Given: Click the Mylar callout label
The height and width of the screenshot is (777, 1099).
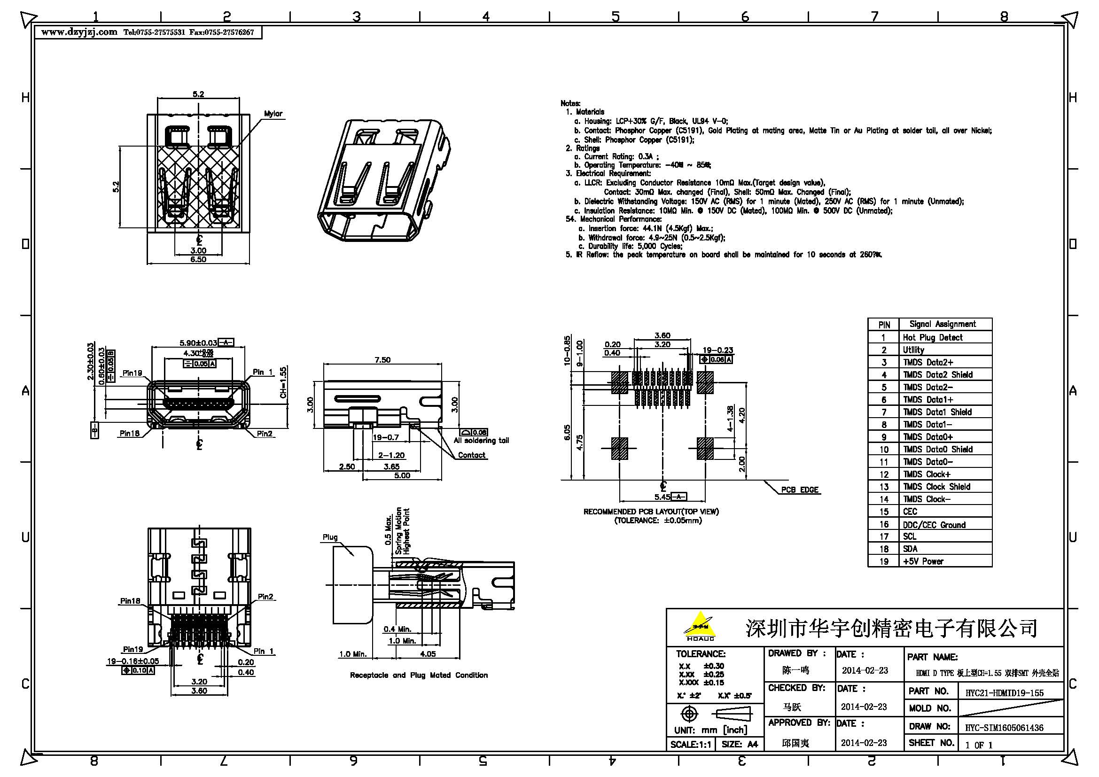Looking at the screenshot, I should [x=273, y=114].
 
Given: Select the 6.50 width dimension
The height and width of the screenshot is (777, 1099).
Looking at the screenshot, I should [x=198, y=259].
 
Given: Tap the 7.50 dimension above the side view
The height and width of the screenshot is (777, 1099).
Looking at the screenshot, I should [x=382, y=360].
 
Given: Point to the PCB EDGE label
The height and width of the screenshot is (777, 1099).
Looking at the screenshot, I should [x=800, y=490].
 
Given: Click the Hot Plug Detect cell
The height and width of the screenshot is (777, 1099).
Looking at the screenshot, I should [x=932, y=337].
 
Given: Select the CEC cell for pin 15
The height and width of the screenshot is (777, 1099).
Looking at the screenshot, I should [x=910, y=512].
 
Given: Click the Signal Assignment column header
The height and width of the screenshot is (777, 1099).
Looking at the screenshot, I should [x=943, y=324].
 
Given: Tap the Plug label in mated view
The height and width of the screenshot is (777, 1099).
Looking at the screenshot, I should [x=330, y=537].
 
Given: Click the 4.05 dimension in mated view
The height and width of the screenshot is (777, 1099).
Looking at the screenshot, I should [x=428, y=654].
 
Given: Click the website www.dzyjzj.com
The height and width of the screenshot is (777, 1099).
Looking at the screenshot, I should [x=79, y=32].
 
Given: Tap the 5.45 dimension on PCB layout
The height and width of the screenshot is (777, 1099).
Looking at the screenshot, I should [x=662, y=497].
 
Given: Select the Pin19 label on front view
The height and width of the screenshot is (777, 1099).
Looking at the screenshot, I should [x=132, y=373].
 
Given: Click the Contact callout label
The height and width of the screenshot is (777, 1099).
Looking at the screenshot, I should [x=471, y=455].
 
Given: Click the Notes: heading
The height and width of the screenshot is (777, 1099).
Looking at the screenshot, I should [x=570, y=103].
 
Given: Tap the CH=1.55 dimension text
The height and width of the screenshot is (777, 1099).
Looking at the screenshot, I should [x=283, y=382].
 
